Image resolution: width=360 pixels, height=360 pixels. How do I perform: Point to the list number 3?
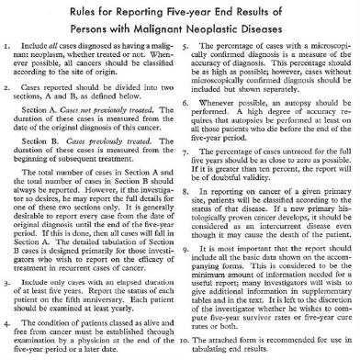[6, 275]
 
